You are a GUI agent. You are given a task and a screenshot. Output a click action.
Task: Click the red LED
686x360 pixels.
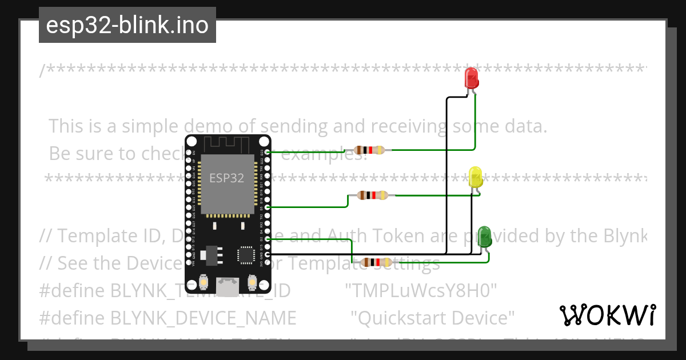pyautogui.click(x=472, y=77)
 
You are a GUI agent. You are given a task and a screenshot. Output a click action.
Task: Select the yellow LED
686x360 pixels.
pyautogui.click(x=476, y=177)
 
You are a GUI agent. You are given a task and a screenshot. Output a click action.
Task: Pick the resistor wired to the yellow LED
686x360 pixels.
pyautogui.click(x=373, y=195)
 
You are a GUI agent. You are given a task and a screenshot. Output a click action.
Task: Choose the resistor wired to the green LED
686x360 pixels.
pyautogui.click(x=375, y=262)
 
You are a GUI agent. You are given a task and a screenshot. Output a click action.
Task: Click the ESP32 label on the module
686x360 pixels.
pyautogui.click(x=227, y=178)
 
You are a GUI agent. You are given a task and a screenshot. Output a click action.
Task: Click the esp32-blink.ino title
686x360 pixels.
pyautogui.click(x=127, y=25)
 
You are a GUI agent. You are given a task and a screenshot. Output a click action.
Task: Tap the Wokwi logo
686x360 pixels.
pyautogui.click(x=607, y=315)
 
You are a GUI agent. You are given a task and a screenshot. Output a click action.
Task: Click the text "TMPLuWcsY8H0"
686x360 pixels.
pyautogui.click(x=421, y=291)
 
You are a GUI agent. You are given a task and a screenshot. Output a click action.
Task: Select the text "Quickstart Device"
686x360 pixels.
pyautogui.click(x=433, y=318)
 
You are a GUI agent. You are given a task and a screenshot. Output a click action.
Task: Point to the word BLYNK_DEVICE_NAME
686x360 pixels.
pyautogui.click(x=203, y=318)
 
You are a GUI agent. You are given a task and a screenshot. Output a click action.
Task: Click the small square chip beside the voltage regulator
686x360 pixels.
pyautogui.click(x=246, y=255)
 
